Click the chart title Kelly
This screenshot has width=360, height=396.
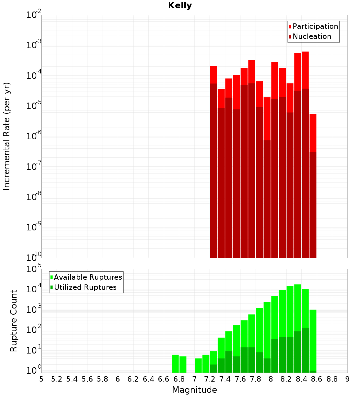(180, 6)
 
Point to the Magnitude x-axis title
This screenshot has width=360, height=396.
(194, 390)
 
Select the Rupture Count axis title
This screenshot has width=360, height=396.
(14, 320)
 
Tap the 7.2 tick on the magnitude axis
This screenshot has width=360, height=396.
(210, 379)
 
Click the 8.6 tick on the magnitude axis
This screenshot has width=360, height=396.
(317, 379)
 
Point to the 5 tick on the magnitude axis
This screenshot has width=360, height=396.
(41, 379)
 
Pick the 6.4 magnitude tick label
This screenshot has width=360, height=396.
(148, 379)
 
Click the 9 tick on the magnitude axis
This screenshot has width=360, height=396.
(347, 379)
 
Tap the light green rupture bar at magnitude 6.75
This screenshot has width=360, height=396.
(175, 364)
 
